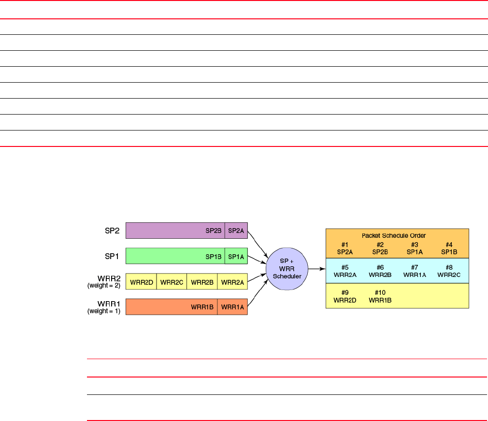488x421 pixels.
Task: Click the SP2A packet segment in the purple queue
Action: [236, 231]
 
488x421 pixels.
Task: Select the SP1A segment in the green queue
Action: [236, 256]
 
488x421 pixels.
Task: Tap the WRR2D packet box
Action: [141, 281]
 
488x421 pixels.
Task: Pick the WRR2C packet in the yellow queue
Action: [172, 281]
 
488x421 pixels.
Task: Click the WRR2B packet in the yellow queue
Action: [202, 281]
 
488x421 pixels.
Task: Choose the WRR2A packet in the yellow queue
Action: [232, 281]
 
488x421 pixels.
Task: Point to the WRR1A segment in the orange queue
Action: [232, 307]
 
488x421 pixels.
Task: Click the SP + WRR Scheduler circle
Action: [285, 268]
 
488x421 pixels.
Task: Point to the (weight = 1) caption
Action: [104, 311]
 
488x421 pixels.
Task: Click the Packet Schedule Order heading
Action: [397, 235]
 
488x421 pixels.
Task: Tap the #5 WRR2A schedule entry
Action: [345, 271]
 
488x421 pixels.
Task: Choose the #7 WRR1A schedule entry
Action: [414, 271]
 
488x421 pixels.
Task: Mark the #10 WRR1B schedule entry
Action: [379, 296]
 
